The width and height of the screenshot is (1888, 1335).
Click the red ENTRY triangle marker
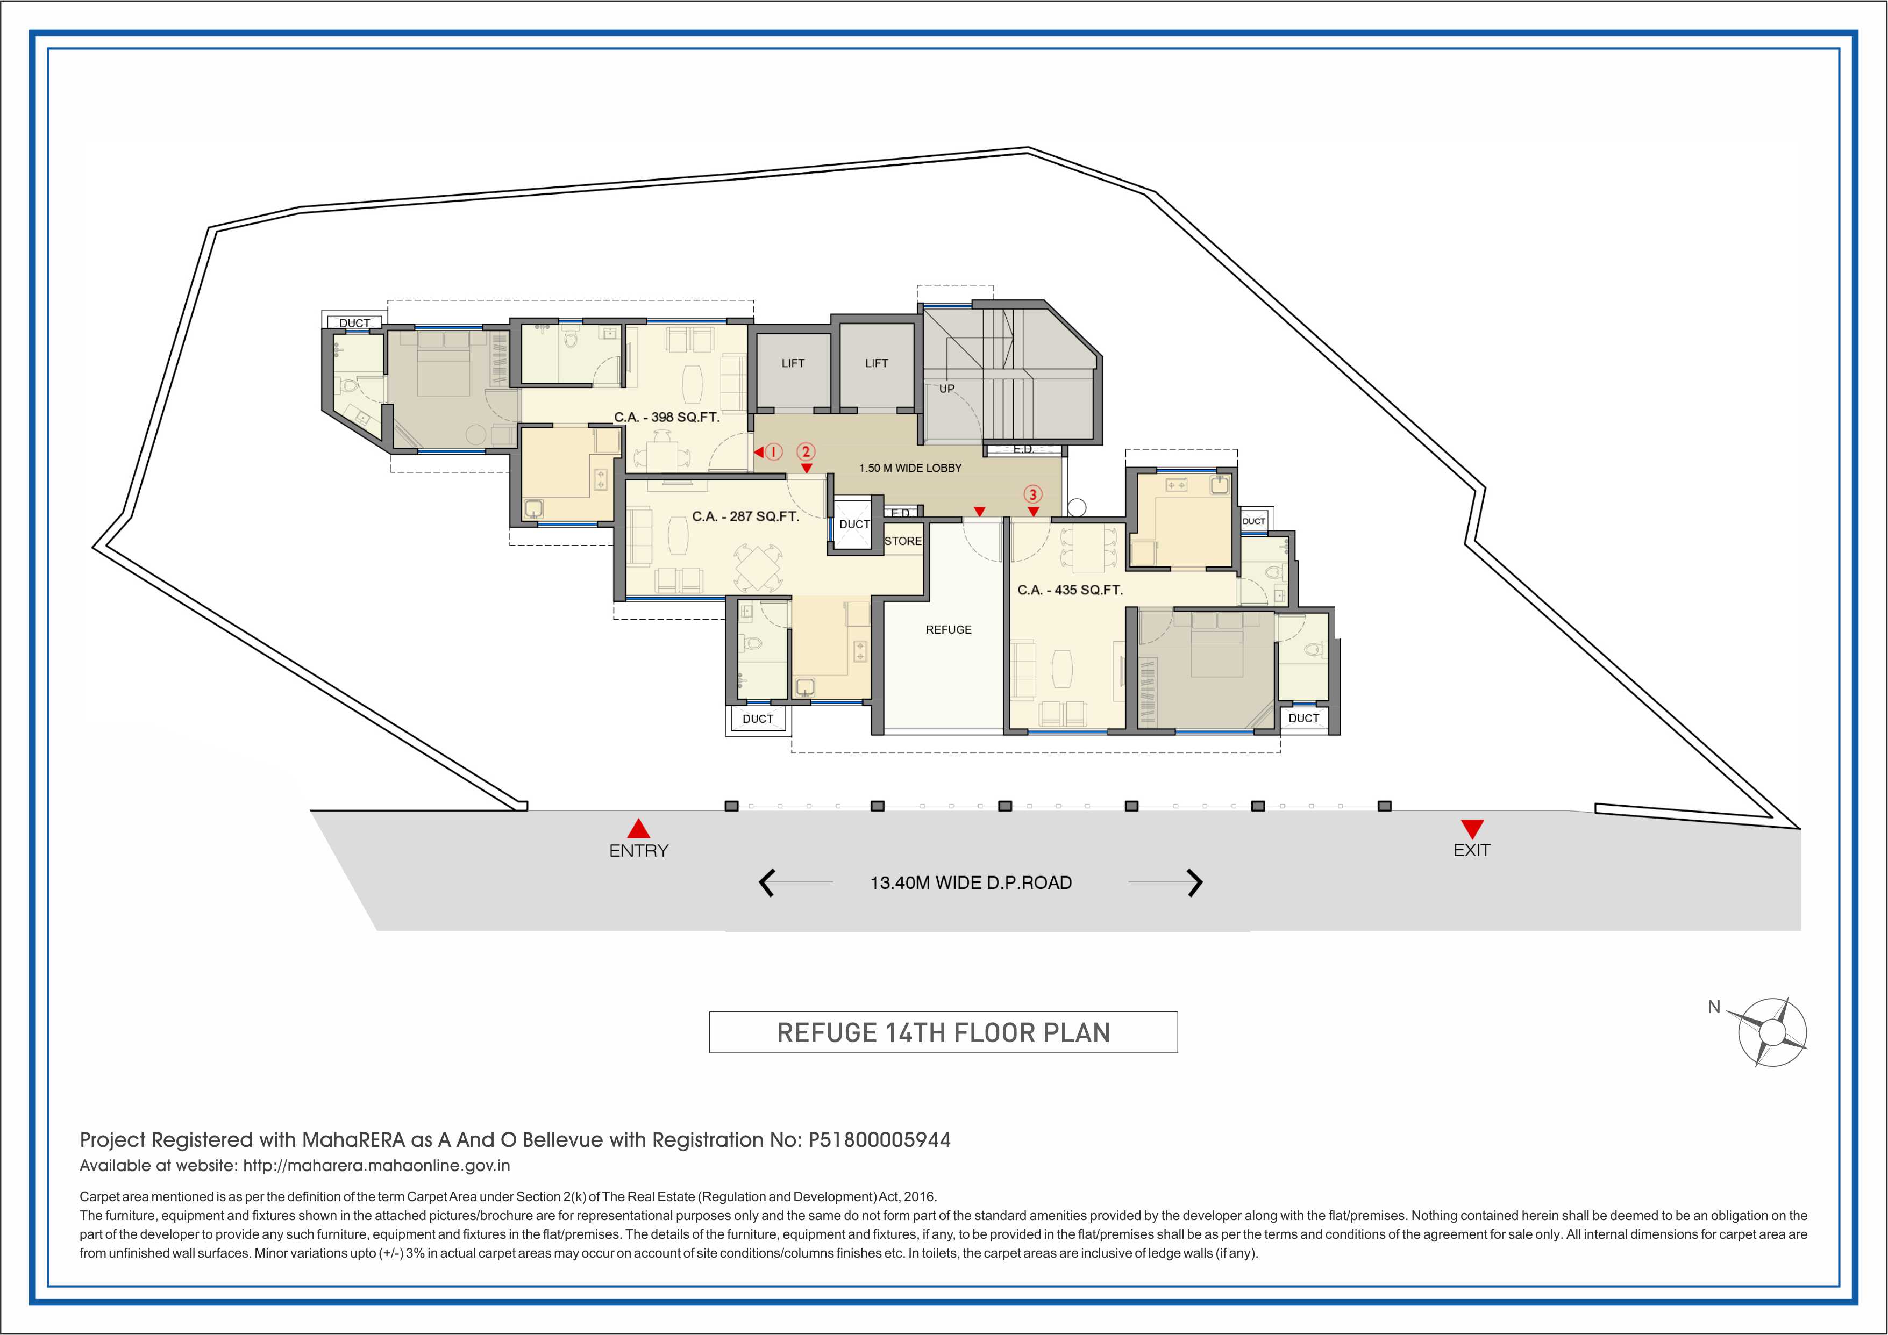point(638,829)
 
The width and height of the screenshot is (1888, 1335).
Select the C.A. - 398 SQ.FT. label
point(666,417)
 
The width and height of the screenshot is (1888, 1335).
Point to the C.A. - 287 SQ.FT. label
point(745,516)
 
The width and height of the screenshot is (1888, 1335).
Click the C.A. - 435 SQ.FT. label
point(1070,590)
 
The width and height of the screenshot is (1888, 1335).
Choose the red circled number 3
point(1033,494)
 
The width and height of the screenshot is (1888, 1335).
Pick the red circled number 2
point(806,451)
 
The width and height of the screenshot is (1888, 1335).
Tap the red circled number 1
point(774,451)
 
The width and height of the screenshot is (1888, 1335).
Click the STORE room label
point(903,541)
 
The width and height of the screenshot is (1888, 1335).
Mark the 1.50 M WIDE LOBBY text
point(910,468)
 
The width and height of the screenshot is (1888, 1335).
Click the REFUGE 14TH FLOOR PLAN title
point(943,1032)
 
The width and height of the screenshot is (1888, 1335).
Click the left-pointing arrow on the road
point(766,883)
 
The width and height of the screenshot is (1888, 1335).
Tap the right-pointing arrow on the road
point(1195,883)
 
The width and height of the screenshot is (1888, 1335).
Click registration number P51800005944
point(879,1140)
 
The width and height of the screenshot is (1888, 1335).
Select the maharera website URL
point(376,1166)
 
